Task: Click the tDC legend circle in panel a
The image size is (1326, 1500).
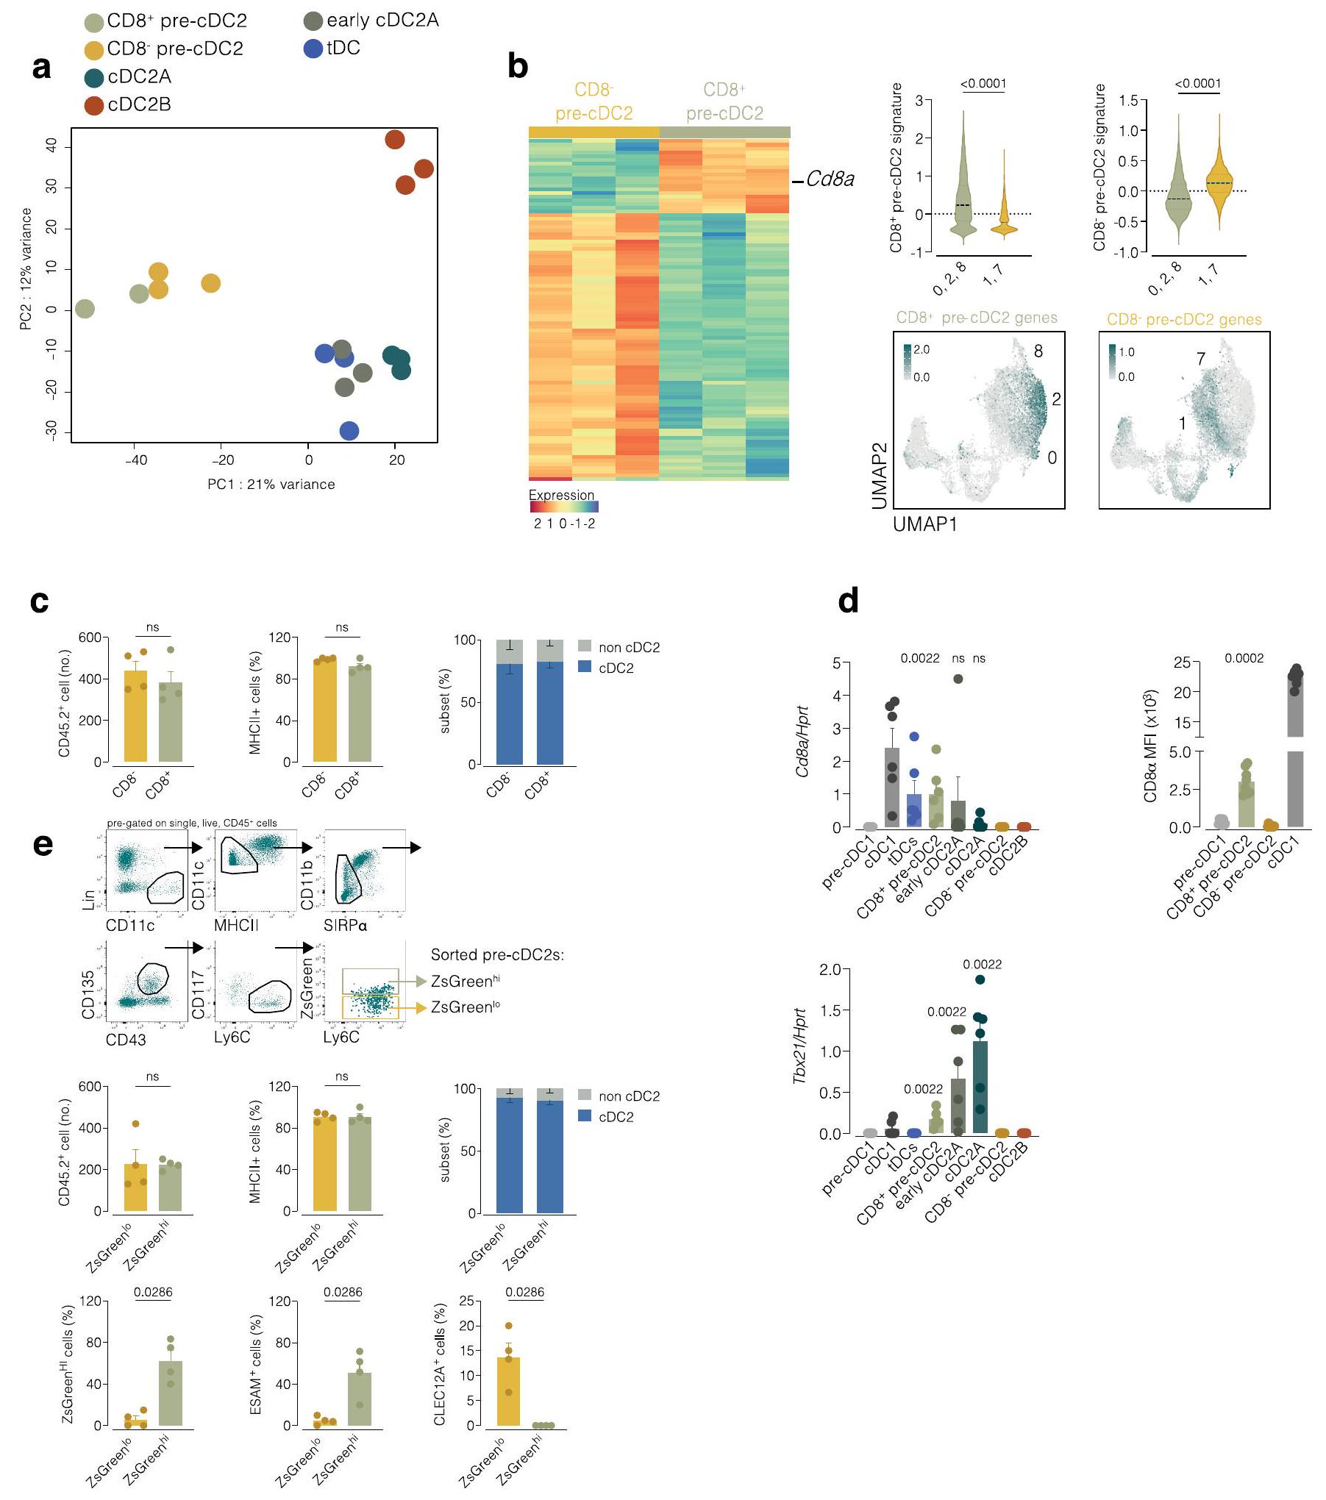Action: (x=313, y=49)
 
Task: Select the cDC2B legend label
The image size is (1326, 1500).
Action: (x=139, y=105)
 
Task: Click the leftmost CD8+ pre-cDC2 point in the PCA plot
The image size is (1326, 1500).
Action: (x=85, y=309)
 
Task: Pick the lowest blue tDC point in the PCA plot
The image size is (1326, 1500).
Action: (x=349, y=431)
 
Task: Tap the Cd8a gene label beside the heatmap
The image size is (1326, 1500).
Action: (x=830, y=179)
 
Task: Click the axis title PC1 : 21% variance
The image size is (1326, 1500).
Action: (x=271, y=485)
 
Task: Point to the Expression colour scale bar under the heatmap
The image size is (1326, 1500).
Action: (x=563, y=507)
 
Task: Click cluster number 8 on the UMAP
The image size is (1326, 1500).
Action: (x=1038, y=351)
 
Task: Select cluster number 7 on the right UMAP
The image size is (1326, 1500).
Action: (x=1200, y=359)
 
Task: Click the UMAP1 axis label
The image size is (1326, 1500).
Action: (x=924, y=524)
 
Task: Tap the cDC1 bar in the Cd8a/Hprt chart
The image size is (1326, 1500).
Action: (x=891, y=787)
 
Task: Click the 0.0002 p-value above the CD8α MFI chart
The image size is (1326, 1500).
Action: (x=1244, y=659)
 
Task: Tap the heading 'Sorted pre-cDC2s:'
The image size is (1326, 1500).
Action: (x=497, y=955)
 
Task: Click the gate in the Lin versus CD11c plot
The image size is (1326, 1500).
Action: (x=165, y=888)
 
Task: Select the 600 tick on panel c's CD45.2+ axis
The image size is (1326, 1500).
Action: (x=89, y=637)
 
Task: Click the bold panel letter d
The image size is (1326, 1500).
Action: (x=848, y=601)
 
